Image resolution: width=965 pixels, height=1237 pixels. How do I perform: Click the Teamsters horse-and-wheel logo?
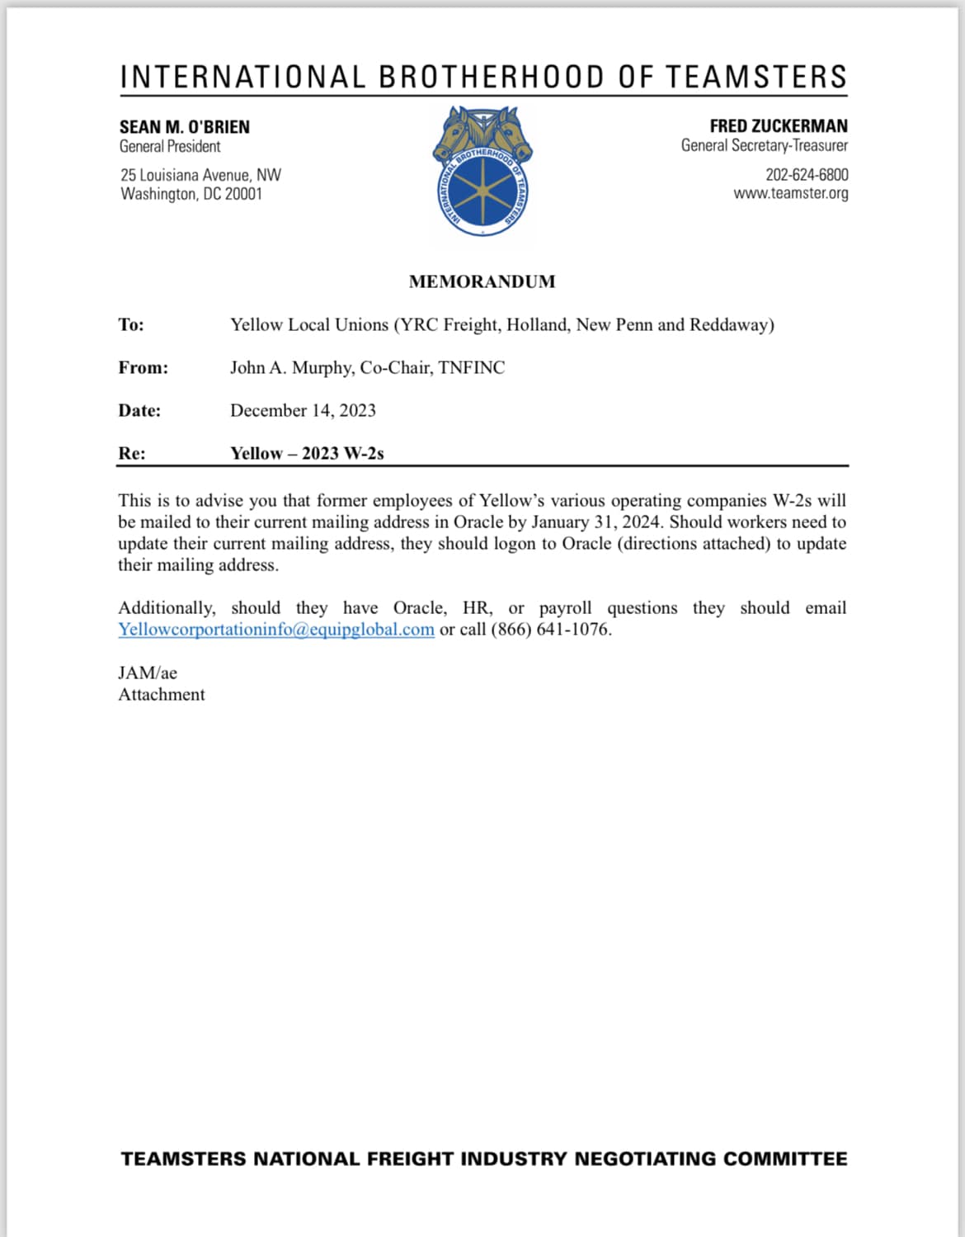pos(482,172)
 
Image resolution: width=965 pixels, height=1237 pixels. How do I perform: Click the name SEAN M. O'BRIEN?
pos(184,127)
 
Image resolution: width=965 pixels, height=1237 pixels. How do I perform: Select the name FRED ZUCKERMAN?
pos(778,126)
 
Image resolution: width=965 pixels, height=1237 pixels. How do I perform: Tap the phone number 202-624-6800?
pos(806,175)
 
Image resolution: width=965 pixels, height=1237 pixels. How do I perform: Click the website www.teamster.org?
pos(790,194)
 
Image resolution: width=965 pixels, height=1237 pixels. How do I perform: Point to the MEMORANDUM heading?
pos(482,282)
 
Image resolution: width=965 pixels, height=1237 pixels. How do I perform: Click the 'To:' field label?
pos(131,325)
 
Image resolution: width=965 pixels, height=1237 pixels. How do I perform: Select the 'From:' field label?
pos(143,368)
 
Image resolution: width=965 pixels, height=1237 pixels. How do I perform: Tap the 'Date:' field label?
pos(139,411)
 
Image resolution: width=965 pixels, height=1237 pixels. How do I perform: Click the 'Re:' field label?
pos(132,454)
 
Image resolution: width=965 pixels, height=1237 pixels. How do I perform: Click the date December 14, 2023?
pos(303,411)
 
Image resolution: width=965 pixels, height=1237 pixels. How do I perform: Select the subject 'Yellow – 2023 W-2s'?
pos(307,454)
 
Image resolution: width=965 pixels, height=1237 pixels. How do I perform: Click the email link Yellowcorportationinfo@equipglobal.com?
pos(275,630)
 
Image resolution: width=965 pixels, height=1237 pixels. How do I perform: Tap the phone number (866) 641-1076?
pos(551,630)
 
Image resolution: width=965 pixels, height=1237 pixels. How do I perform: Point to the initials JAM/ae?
pos(148,673)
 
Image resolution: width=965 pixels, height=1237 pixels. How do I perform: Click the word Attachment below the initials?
pos(162,695)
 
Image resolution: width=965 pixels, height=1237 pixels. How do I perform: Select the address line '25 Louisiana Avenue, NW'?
pos(200,175)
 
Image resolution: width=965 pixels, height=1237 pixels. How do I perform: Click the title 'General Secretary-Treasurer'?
pos(764,146)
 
